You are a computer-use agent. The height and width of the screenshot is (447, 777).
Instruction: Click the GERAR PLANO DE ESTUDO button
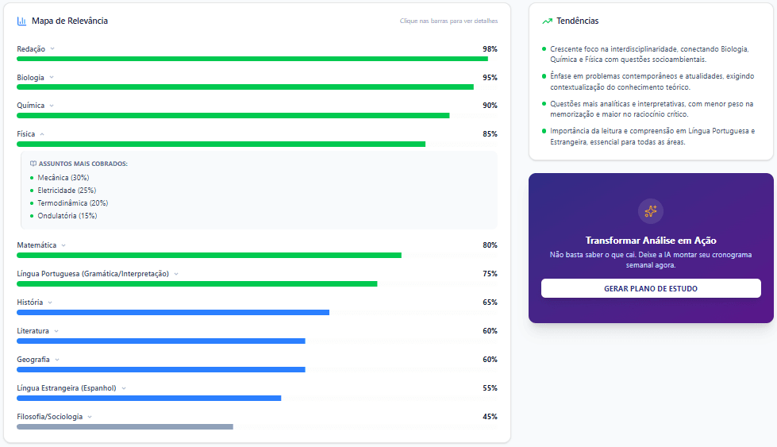pos(651,288)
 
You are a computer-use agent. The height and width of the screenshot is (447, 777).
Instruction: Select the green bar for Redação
pos(252,59)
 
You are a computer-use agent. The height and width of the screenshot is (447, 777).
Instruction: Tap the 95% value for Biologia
pos(490,78)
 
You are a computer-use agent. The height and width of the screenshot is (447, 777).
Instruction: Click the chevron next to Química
pos(52,106)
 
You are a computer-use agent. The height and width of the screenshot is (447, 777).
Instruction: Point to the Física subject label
pos(26,134)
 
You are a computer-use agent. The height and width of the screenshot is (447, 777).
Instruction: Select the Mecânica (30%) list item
pos(63,178)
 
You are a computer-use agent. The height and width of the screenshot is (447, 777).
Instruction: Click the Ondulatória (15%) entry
pos(67,216)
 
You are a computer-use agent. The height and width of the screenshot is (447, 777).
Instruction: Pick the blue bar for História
pos(173,312)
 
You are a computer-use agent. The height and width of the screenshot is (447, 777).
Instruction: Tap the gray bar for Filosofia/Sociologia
pos(125,426)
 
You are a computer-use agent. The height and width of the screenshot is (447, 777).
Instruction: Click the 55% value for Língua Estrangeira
pos(490,388)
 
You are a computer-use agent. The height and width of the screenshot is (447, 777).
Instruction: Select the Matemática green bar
pos(209,255)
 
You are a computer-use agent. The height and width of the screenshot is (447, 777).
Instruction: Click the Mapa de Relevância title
pos(70,21)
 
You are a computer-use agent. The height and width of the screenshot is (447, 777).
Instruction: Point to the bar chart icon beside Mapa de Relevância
pos(21,21)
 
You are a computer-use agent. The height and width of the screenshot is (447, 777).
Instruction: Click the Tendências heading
pos(578,21)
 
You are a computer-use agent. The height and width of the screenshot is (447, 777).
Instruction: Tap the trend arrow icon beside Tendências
pos(547,21)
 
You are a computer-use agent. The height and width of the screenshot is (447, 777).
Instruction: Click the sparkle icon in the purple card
pos(651,211)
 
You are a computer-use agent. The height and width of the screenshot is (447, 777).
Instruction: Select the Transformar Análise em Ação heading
pos(651,241)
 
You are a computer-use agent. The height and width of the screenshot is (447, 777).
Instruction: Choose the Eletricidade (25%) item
pos(67,191)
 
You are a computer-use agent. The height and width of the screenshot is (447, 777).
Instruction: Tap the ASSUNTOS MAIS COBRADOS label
pos(83,164)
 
